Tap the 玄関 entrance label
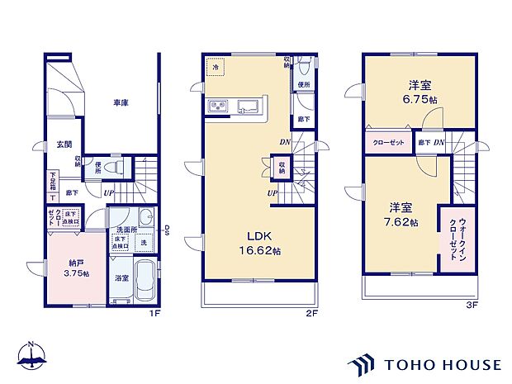tap(64, 145)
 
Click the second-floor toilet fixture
tap(303, 66)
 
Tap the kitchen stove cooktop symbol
tap(219, 106)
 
